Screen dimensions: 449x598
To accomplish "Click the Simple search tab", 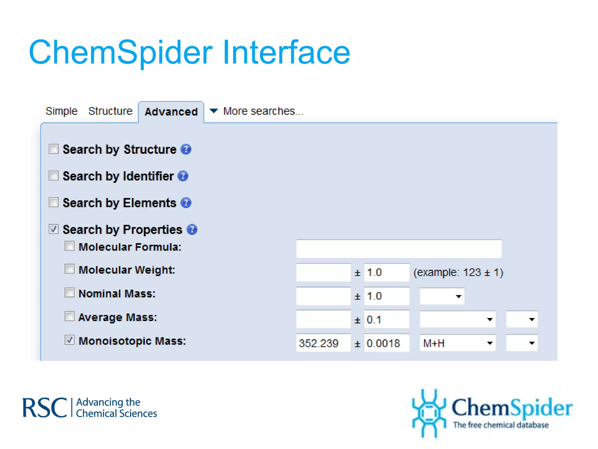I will click(x=61, y=111).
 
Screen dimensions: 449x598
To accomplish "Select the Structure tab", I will click(x=110, y=111).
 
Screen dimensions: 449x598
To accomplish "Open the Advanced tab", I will click(x=171, y=112).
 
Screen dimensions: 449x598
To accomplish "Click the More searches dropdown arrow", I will click(x=214, y=111).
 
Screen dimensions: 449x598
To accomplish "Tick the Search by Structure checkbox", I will click(x=54, y=149).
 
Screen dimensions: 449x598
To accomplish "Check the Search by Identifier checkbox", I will click(x=54, y=176).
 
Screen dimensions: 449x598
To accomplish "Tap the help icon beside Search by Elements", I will click(x=186, y=203).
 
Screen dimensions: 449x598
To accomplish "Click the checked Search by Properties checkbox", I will click(x=54, y=229).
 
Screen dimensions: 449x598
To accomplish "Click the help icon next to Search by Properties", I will click(x=192, y=229).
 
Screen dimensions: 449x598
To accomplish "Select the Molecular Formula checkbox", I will click(x=69, y=246).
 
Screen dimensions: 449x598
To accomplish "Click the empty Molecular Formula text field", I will click(x=399, y=249).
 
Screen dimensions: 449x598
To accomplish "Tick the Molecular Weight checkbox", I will click(x=69, y=269).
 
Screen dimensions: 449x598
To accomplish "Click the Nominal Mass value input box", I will click(x=323, y=296).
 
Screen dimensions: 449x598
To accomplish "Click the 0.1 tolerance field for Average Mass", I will click(x=386, y=320).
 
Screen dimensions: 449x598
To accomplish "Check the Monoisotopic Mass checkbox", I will click(x=69, y=340).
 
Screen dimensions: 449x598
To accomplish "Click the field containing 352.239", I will click(x=323, y=343).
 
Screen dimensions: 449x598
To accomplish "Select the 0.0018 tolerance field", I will click(x=386, y=343).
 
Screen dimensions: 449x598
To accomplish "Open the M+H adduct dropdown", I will click(x=458, y=343).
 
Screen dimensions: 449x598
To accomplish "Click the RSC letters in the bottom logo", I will click(x=45, y=408).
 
